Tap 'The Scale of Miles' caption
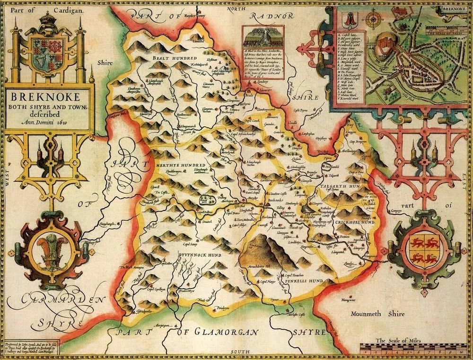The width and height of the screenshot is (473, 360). point(397,340)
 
